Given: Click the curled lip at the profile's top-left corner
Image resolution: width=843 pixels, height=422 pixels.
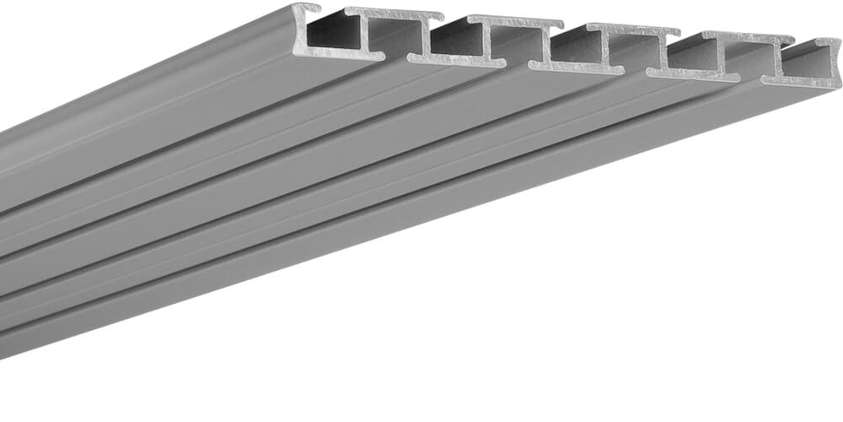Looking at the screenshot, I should pos(306,8).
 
